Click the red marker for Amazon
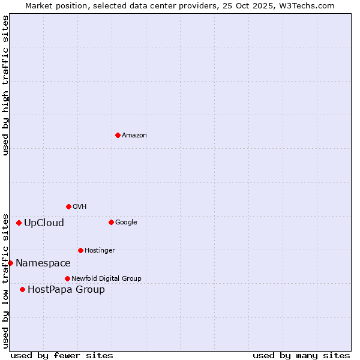pos(118,135)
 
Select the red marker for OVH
pos(68,206)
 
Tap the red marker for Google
pos(111,222)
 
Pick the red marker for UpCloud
pos(19,223)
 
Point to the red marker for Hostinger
pos(80,250)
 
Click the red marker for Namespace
pos(10,263)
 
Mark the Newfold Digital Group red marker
pos(67,278)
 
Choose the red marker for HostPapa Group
pos(22,289)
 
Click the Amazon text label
pos(134,136)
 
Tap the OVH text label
pos(80,207)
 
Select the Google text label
pos(126,223)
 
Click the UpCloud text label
pos(44,223)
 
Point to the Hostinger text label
pos(100,251)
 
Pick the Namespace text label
pos(43,263)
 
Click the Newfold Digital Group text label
pos(106,279)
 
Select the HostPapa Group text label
pos(66,290)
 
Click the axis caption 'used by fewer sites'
pos(62,355)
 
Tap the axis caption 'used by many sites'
pos(301,355)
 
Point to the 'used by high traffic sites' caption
pos(5,85)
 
